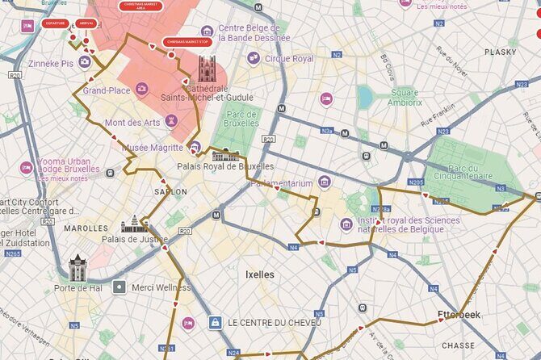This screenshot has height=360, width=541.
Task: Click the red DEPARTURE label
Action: pyautogui.click(x=56, y=23)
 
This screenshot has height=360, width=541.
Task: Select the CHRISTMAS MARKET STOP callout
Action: pyautogui.click(x=187, y=41)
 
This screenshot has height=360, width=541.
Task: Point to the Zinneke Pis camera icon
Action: pyautogui.click(x=84, y=62)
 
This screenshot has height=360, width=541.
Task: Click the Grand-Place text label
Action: pyautogui.click(x=106, y=90)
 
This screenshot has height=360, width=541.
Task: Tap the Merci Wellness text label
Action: pyautogui.click(x=161, y=287)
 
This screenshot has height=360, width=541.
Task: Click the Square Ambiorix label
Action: pyautogui.click(x=405, y=98)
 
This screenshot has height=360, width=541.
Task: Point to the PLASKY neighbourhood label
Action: pyautogui.click(x=501, y=52)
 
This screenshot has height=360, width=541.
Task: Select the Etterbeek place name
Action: pyautogui.click(x=458, y=315)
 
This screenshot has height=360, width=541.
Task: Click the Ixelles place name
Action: pyautogui.click(x=259, y=274)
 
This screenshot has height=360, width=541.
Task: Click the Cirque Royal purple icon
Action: pyautogui.click(x=254, y=58)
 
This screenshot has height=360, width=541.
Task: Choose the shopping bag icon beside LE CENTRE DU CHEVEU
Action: pyautogui.click(x=215, y=323)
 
